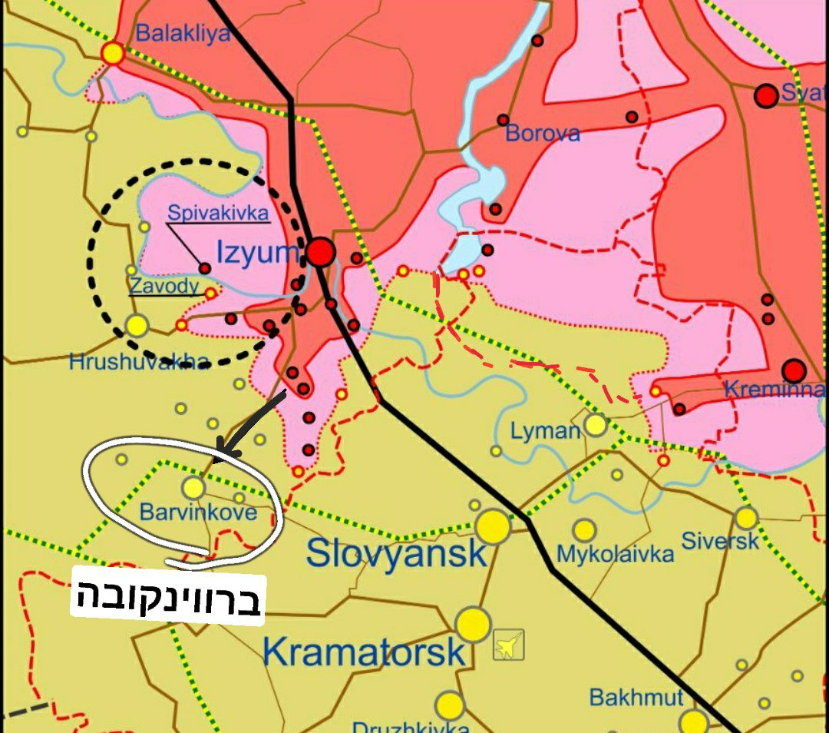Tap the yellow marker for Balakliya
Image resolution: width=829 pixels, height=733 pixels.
(113, 53)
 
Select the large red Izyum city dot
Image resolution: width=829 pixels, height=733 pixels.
(322, 252)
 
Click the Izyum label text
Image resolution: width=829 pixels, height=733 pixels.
(256, 253)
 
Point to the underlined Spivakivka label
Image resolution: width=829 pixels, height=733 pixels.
(219, 213)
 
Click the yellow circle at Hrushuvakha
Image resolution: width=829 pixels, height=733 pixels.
(137, 326)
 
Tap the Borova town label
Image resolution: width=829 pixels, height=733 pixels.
(542, 134)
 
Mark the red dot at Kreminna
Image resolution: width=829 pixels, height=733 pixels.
(794, 370)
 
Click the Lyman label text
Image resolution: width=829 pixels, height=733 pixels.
(545, 431)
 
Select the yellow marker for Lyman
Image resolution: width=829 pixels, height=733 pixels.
(596, 424)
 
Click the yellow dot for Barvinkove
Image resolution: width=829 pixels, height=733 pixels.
(193, 487)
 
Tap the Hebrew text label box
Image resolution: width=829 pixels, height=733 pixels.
(168, 597)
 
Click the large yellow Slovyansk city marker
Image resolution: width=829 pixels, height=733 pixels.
(493, 527)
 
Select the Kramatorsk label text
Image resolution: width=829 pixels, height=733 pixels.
(364, 652)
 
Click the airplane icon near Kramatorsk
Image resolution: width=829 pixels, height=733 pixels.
(508, 645)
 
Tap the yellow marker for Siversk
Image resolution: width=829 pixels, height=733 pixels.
(746, 518)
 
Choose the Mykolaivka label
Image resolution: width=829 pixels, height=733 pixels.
(615, 554)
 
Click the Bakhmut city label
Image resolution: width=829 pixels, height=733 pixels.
(636, 698)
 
